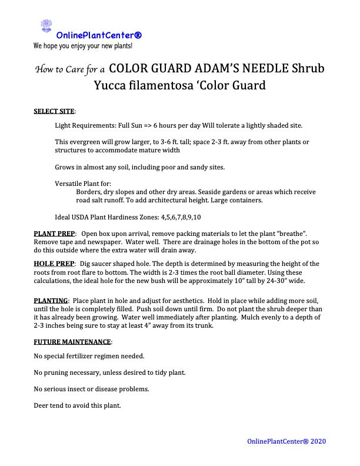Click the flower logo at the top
pyautogui.click(x=46, y=26)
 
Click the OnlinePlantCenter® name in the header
pyautogui.click(x=99, y=35)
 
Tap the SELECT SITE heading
pyautogui.click(x=54, y=111)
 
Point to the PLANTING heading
pyautogui.click(x=51, y=301)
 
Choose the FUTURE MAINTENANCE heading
pyautogui.click(x=72, y=342)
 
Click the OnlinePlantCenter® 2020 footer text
pyautogui.click(x=286, y=441)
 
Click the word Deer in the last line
pyautogui.click(x=41, y=405)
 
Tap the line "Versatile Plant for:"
pyautogui.click(x=83, y=184)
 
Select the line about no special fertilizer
pyautogui.click(x=89, y=356)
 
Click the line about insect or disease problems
pyautogui.click(x=91, y=389)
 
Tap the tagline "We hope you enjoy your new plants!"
pyautogui.click(x=83, y=45)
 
